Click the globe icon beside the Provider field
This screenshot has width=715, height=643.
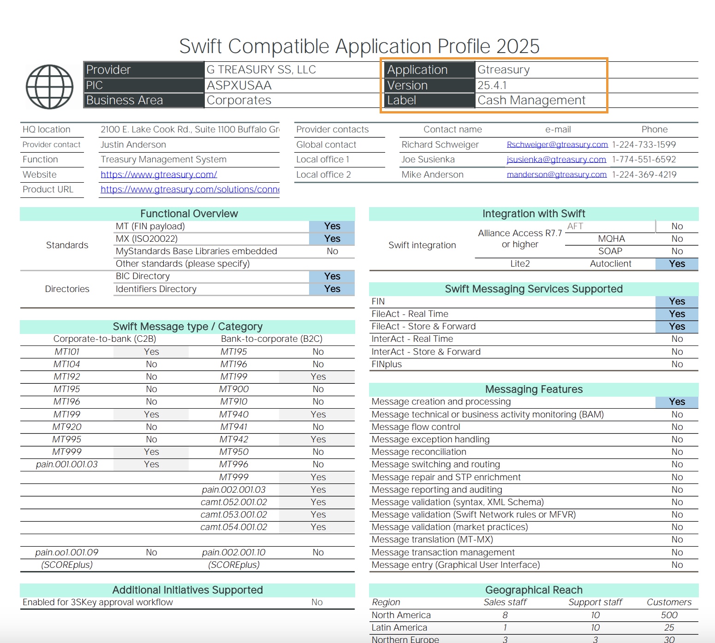(x=49, y=87)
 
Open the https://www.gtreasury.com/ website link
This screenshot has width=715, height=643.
(x=159, y=175)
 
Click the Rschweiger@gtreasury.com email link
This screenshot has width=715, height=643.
(x=557, y=145)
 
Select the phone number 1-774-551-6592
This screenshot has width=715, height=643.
(x=643, y=160)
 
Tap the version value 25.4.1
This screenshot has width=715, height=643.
(x=492, y=85)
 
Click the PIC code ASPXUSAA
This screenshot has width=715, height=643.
(x=239, y=85)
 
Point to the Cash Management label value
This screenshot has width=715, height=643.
(x=531, y=101)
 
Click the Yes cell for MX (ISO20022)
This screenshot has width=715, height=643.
(x=332, y=239)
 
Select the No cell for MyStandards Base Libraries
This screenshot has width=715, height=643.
(x=332, y=251)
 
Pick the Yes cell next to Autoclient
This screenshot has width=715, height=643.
(x=677, y=264)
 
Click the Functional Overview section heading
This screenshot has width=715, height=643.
(x=189, y=214)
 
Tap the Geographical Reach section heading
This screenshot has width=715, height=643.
(x=533, y=590)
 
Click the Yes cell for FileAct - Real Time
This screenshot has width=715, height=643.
(x=677, y=314)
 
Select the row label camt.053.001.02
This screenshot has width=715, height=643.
(x=233, y=515)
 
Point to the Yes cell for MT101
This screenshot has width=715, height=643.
(x=151, y=352)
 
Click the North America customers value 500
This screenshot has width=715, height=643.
(x=669, y=615)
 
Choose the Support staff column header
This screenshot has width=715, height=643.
(x=595, y=602)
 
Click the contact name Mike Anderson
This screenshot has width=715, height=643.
(x=432, y=175)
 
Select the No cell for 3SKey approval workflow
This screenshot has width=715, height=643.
(x=317, y=602)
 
